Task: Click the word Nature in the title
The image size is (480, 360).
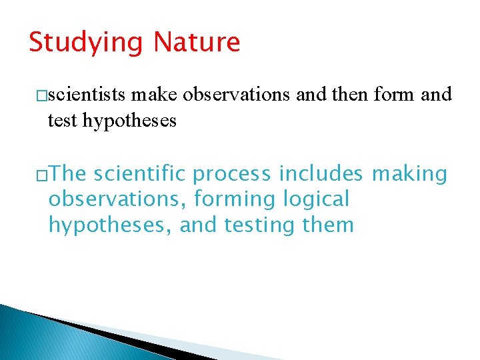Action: point(196,42)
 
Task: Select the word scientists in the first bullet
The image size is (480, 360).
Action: point(87,95)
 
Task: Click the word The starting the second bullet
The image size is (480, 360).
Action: point(67,174)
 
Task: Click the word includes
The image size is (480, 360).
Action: point(321,174)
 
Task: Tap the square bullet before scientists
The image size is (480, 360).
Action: point(42,96)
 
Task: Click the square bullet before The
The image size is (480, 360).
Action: point(42,175)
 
